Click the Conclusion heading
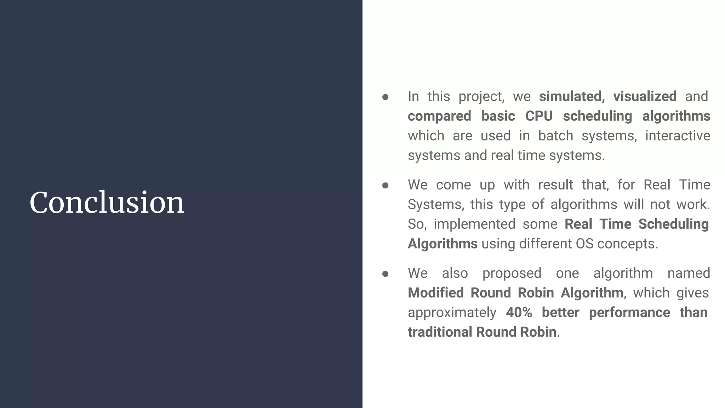click(107, 203)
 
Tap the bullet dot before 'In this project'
click(386, 97)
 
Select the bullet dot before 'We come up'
click(386, 185)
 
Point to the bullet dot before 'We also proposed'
click(386, 274)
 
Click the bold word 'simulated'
click(571, 96)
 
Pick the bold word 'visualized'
click(645, 96)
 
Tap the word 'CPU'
click(539, 116)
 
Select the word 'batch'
click(555, 136)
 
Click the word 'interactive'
click(678, 136)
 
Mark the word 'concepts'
click(627, 244)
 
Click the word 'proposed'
click(512, 273)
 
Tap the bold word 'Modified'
click(435, 293)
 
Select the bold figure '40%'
click(519, 312)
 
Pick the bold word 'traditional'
click(440, 332)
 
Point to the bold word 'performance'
click(629, 313)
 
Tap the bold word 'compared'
click(439, 117)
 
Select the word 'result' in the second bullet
click(555, 185)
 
